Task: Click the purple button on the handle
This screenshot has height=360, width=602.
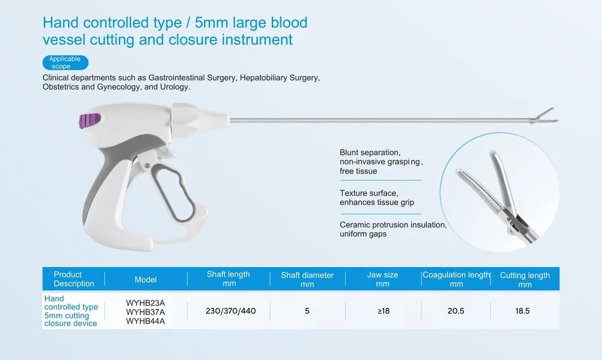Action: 90,121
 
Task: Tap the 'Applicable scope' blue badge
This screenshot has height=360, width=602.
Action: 65,63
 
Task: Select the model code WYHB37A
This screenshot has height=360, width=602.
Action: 145,312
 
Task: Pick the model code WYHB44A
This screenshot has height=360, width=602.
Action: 145,321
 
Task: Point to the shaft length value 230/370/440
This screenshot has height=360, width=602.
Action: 231,311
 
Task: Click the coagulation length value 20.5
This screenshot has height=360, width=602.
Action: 456,311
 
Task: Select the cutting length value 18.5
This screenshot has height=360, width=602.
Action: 522,311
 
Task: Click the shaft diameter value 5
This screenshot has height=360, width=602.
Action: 307,311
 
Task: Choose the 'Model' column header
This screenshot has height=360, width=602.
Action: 146,280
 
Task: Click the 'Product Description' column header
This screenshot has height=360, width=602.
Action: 74,279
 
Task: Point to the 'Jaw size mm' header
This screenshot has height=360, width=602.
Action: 383,279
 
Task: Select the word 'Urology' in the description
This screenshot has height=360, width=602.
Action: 174,87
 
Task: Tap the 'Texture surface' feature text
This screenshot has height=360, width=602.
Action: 369,193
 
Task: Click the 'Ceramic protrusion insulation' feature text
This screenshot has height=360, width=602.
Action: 393,225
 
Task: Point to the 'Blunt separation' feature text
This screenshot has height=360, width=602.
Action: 370,152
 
